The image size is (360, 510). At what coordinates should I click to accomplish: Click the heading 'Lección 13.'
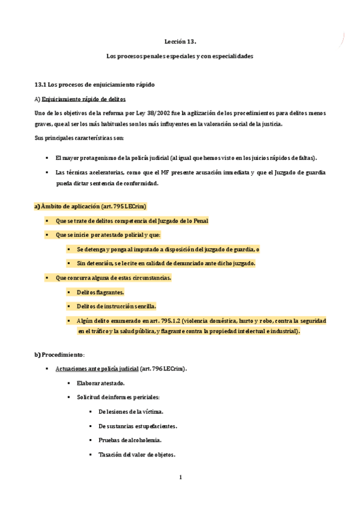click(x=180, y=41)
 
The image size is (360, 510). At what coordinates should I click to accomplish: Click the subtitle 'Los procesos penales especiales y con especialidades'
click(x=180, y=56)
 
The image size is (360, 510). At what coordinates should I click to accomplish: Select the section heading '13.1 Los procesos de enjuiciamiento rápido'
click(x=95, y=84)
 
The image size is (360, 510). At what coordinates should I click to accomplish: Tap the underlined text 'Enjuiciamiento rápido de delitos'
click(x=83, y=99)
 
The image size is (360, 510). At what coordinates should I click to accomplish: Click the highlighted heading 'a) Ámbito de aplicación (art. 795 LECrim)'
click(x=90, y=206)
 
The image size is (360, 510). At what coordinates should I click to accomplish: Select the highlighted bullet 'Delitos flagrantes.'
click(x=100, y=292)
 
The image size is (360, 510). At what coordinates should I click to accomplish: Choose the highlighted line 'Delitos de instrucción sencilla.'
click(x=116, y=306)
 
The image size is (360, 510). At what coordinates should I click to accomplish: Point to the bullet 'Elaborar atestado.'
click(x=100, y=382)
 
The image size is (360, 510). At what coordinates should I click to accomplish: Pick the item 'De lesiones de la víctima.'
click(x=130, y=411)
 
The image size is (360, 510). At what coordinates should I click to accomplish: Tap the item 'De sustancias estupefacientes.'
click(x=137, y=426)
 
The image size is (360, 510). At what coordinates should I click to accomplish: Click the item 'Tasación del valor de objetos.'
click(x=136, y=455)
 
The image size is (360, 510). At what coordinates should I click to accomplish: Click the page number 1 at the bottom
click(x=180, y=478)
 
